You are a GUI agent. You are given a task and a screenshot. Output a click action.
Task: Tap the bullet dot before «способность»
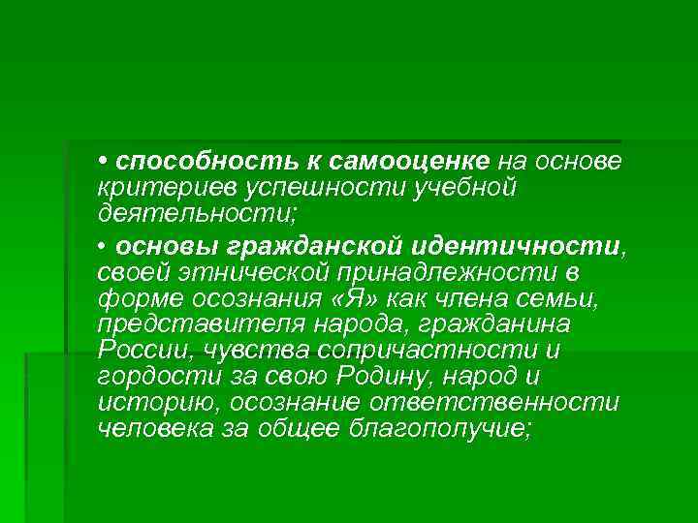(x=102, y=158)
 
